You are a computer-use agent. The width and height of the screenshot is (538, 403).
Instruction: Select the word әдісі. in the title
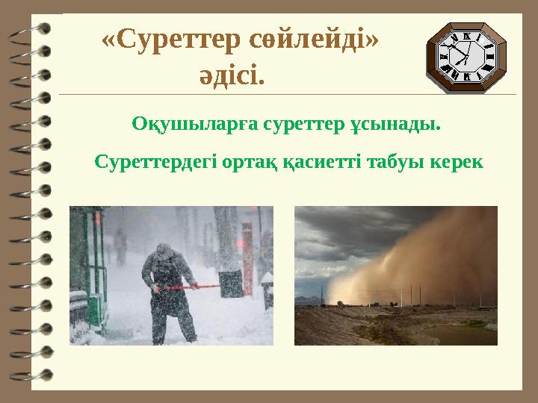232,75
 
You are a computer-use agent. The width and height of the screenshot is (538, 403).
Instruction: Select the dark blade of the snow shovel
231,283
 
